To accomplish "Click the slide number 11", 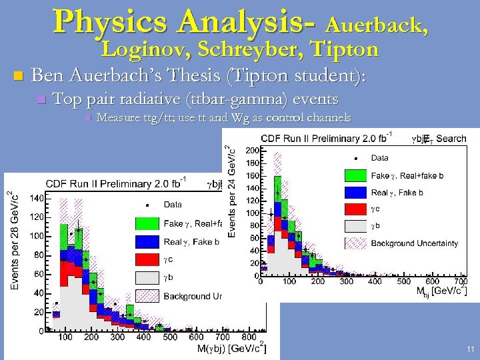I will (471, 349).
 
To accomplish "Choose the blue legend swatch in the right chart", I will (355, 192).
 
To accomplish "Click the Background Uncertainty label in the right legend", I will (414, 243).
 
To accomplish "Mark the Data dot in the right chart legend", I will (355, 159).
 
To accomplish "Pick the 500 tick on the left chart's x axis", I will (171, 337).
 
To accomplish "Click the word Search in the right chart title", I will (451, 139).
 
